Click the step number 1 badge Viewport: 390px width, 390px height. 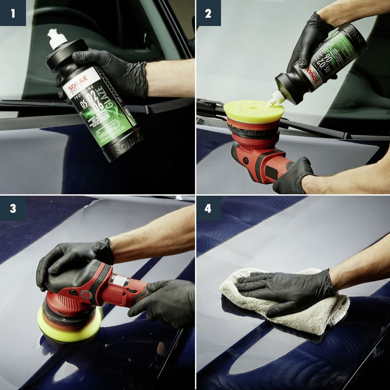13,13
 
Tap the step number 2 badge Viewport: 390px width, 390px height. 208,13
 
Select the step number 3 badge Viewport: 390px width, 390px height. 13,208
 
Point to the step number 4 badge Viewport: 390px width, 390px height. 208,208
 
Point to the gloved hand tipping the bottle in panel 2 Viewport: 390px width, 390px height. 309,36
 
